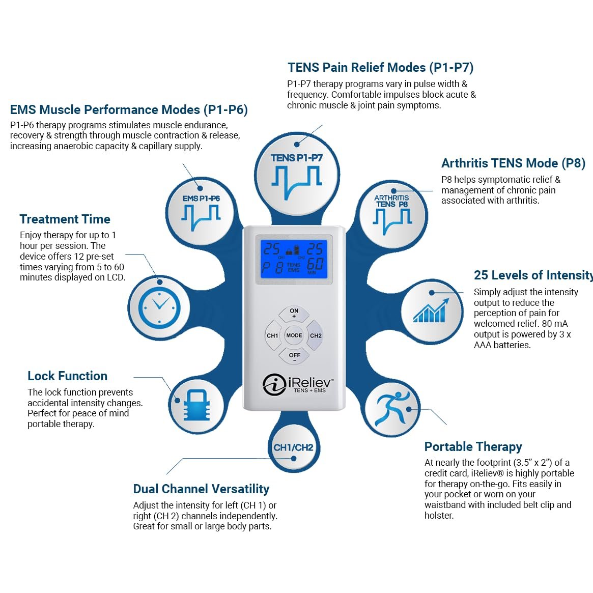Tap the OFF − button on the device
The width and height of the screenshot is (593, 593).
(x=294, y=356)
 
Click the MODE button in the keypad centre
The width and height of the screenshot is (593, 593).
(x=294, y=335)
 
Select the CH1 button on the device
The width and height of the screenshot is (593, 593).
(x=273, y=335)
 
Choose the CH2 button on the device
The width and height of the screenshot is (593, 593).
(x=315, y=335)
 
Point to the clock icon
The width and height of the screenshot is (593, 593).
(x=159, y=307)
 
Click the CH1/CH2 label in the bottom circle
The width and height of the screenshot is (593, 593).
(x=294, y=448)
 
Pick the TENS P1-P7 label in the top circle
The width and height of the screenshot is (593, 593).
(x=296, y=158)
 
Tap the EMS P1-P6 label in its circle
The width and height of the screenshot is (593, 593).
(x=201, y=199)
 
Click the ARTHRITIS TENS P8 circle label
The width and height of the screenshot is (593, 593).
(x=391, y=201)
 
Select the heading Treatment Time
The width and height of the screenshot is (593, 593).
(x=65, y=219)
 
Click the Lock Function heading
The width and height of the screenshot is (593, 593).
(x=67, y=376)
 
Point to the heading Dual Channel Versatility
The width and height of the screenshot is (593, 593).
(x=201, y=489)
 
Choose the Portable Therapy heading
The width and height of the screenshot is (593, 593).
(x=473, y=446)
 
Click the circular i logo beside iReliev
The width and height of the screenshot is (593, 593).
(x=274, y=384)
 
